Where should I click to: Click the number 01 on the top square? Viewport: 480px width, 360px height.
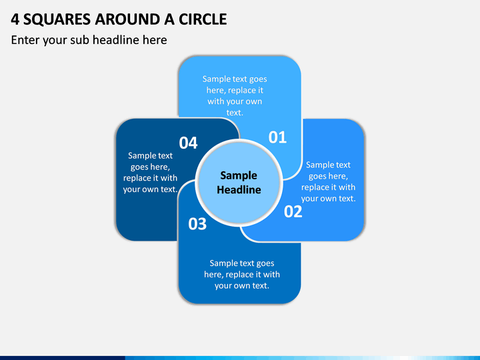click(277, 137)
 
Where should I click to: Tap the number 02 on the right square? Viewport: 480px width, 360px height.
click(293, 211)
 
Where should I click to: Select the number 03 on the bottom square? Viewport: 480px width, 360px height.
click(197, 224)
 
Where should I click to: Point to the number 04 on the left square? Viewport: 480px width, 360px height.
click(188, 143)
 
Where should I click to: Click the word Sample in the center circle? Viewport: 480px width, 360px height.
click(239, 176)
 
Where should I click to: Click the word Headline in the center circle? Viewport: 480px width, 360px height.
click(239, 190)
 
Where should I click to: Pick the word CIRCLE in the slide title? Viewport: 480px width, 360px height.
click(203, 19)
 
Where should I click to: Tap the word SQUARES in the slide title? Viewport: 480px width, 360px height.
click(57, 19)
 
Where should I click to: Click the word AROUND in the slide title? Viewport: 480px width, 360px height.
click(127, 19)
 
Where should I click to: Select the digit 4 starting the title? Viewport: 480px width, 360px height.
click(15, 19)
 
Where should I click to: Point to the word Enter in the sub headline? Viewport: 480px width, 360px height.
click(25, 40)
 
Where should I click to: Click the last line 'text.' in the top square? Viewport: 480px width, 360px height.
click(235, 113)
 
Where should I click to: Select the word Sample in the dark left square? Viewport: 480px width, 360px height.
click(142, 156)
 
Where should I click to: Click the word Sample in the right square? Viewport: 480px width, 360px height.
click(320, 165)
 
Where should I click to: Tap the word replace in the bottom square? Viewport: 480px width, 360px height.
click(240, 275)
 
